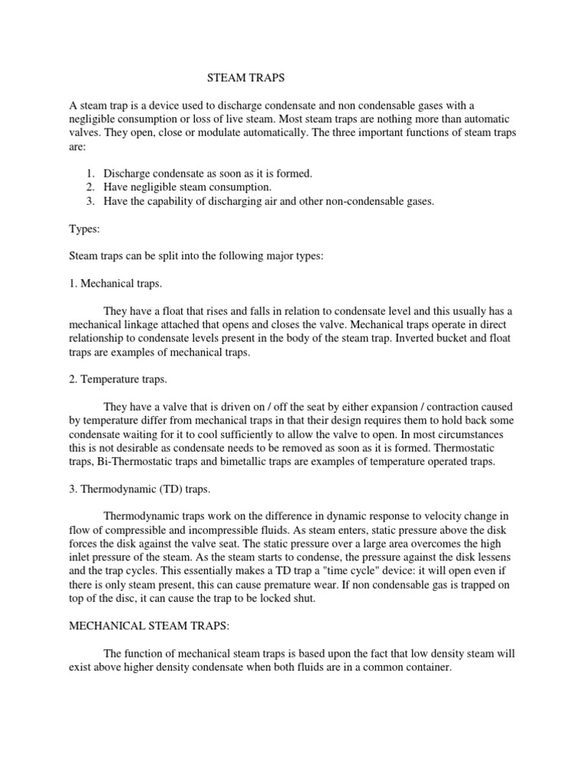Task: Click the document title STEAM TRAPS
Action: (x=247, y=77)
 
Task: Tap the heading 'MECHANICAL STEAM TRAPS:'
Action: (x=149, y=625)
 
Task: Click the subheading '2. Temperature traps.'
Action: (x=118, y=379)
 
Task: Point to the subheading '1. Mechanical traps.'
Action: (x=115, y=283)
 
